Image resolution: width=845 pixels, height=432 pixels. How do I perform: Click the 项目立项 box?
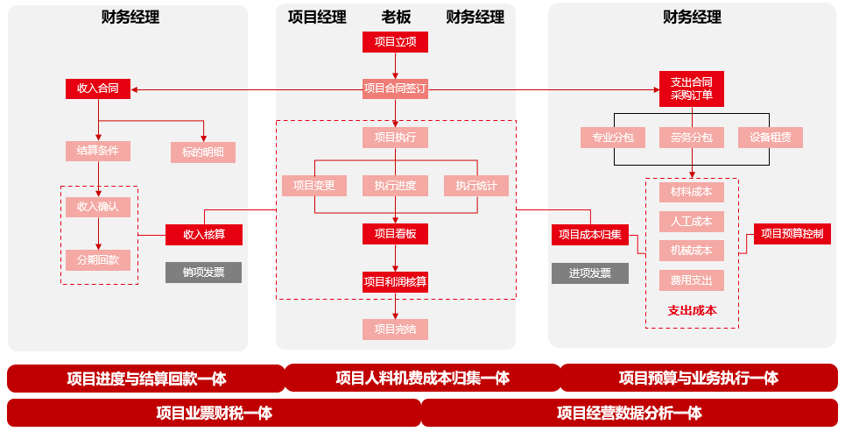[x=395, y=41]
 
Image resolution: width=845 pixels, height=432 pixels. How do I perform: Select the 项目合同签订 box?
[x=395, y=89]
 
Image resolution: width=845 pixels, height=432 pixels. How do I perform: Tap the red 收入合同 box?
[x=97, y=89]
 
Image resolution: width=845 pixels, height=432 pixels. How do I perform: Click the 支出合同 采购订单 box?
[x=692, y=89]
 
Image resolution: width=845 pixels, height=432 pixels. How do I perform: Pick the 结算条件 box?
[x=97, y=151]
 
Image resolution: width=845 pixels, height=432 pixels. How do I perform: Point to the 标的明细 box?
[x=202, y=152]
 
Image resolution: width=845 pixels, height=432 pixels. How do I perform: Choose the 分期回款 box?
[x=97, y=260]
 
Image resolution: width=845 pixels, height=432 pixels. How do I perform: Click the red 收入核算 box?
[x=204, y=235]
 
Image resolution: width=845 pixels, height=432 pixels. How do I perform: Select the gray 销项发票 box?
[x=204, y=273]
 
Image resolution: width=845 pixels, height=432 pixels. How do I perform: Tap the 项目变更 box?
[x=314, y=186]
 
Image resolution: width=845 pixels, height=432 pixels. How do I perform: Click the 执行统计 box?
[x=475, y=186]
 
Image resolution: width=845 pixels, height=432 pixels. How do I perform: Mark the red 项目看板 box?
[x=395, y=234]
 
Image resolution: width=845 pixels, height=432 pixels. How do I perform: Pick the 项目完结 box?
[x=395, y=329]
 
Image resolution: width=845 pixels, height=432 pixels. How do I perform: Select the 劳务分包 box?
[x=692, y=138]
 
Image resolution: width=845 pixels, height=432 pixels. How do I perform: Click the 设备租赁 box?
[x=770, y=138]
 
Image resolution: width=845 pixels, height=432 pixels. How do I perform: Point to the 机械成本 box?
[x=692, y=251]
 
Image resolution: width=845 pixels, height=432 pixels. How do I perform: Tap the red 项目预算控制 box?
[x=792, y=234]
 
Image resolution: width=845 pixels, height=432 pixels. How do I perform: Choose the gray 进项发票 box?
[x=590, y=273]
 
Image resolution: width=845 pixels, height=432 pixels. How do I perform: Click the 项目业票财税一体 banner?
[x=214, y=413]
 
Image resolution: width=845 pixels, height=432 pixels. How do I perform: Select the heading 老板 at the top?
[x=396, y=17]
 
